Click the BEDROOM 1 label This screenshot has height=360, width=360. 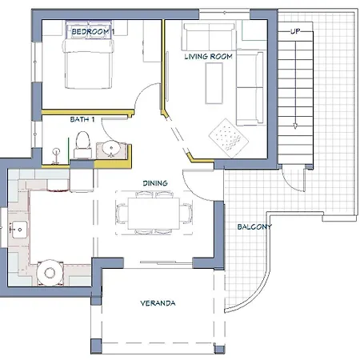click(x=93, y=31)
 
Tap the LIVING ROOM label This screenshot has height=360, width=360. click(x=209, y=57)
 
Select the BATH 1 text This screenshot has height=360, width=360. click(x=82, y=119)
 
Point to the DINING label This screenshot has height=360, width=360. click(x=155, y=183)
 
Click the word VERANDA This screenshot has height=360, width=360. click(x=158, y=303)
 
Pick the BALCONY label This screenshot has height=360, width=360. click(x=254, y=227)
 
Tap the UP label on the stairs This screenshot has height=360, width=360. click(x=295, y=31)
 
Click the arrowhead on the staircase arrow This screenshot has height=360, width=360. click(x=295, y=126)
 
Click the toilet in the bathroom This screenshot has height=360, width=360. click(x=83, y=145)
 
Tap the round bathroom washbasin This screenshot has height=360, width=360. click(x=111, y=147)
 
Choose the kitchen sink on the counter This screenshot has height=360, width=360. click(x=19, y=230)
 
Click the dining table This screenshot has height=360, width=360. click(x=154, y=214)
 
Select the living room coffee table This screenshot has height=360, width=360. click(x=214, y=83)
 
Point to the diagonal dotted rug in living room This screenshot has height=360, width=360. click(x=229, y=138)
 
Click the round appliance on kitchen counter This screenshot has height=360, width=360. click(x=50, y=273)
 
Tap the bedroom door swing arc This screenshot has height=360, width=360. click(x=140, y=91)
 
